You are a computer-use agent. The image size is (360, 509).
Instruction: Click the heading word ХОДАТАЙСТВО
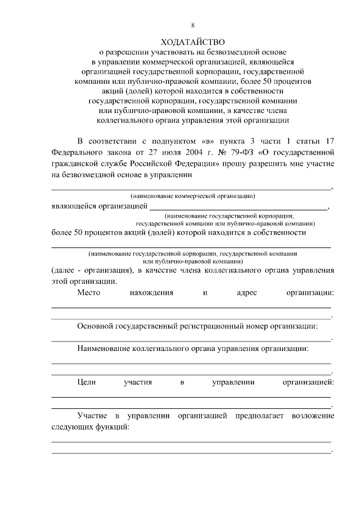pyautogui.click(x=192, y=42)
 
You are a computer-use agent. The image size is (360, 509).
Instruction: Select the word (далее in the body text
pyautogui.click(x=65, y=270)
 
